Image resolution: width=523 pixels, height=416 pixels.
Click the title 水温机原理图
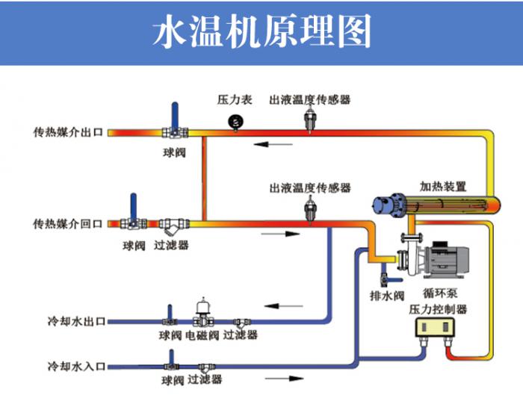pos(261,32)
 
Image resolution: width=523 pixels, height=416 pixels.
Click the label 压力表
pos(234,99)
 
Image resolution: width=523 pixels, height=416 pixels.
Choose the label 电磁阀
pos(202,335)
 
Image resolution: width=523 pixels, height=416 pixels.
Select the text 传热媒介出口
pos(67,133)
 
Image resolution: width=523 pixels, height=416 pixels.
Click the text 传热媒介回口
pos(67,223)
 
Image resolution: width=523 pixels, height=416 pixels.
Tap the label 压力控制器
pos(438,308)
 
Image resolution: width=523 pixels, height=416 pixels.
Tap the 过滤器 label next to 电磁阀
pos(241,335)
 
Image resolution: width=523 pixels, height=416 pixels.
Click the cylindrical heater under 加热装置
pos(433,204)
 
